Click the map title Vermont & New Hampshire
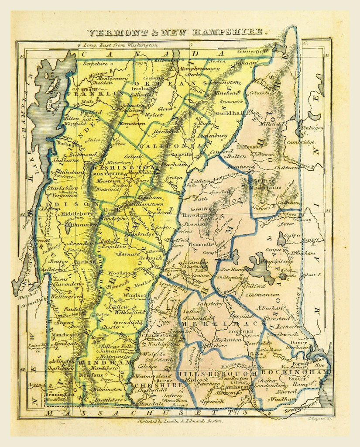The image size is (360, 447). pos(176,32)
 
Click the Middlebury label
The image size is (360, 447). pos(66,213)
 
